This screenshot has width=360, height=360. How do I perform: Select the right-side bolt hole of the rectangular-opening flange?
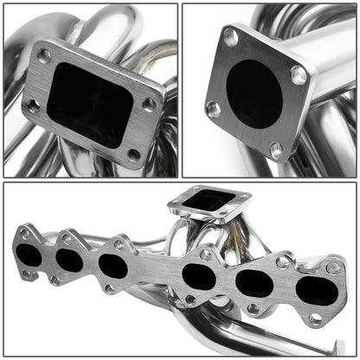pyautogui.click(x=149, y=104)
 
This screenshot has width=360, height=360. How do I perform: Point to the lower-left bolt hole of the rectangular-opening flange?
pyautogui.click(x=33, y=106)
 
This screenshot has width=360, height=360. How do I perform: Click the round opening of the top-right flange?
pyautogui.click(x=254, y=93)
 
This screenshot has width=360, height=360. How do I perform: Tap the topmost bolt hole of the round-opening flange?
pyautogui.click(x=231, y=38)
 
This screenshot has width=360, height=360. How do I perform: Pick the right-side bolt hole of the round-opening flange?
pyautogui.click(x=298, y=75)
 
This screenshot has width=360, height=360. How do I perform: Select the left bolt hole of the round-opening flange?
pyautogui.click(x=212, y=109)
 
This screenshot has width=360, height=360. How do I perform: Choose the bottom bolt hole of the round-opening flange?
pyautogui.click(x=277, y=149)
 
